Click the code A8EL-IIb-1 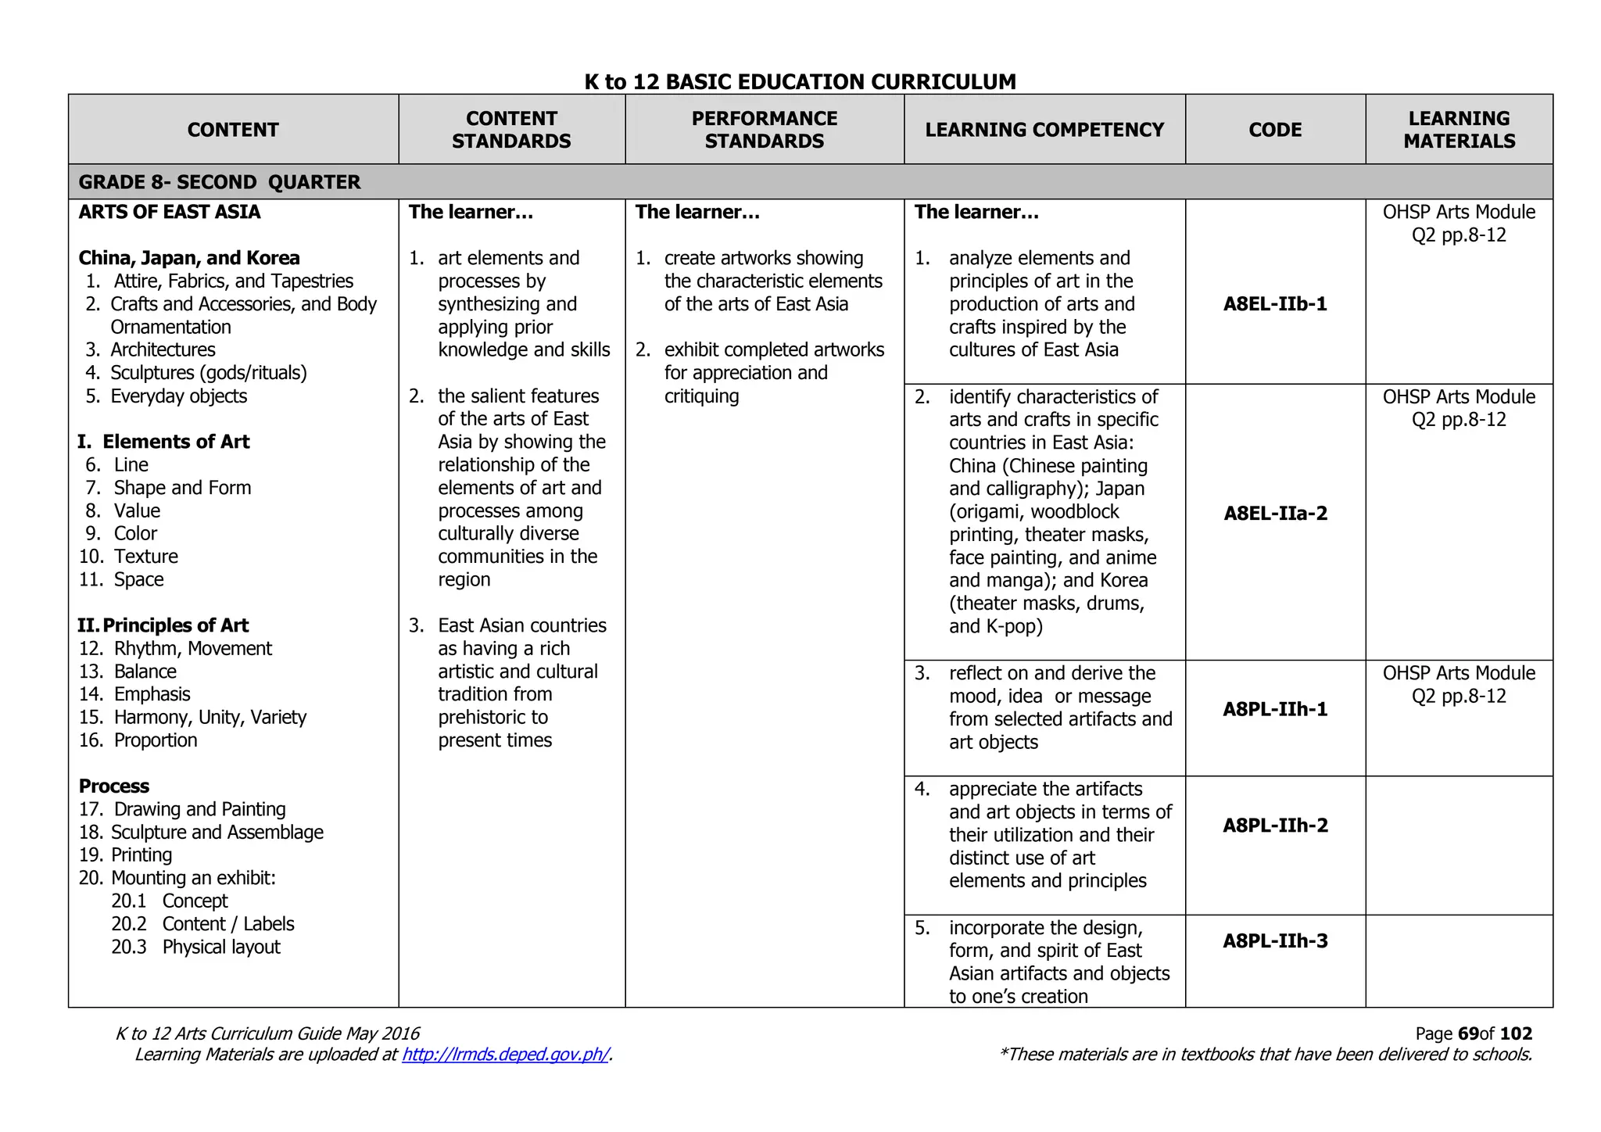(x=1275, y=304)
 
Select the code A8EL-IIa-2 (x=1275, y=514)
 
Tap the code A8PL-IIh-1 (x=1275, y=709)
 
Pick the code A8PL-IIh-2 (x=1275, y=826)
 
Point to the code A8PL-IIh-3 (x=1275, y=941)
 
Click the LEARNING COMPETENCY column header (x=1044, y=130)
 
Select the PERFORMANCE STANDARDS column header (x=764, y=130)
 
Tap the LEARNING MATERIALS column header (x=1459, y=130)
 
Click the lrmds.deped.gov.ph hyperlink (x=505, y=1055)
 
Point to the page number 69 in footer (x=1468, y=1033)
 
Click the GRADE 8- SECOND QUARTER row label (x=220, y=182)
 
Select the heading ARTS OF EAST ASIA (x=170, y=212)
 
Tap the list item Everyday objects (x=178, y=396)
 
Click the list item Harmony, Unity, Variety (x=210, y=718)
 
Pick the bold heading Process (x=114, y=786)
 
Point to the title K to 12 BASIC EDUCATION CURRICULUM (x=800, y=81)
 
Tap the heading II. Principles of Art (x=163, y=625)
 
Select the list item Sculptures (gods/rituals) (x=208, y=373)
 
